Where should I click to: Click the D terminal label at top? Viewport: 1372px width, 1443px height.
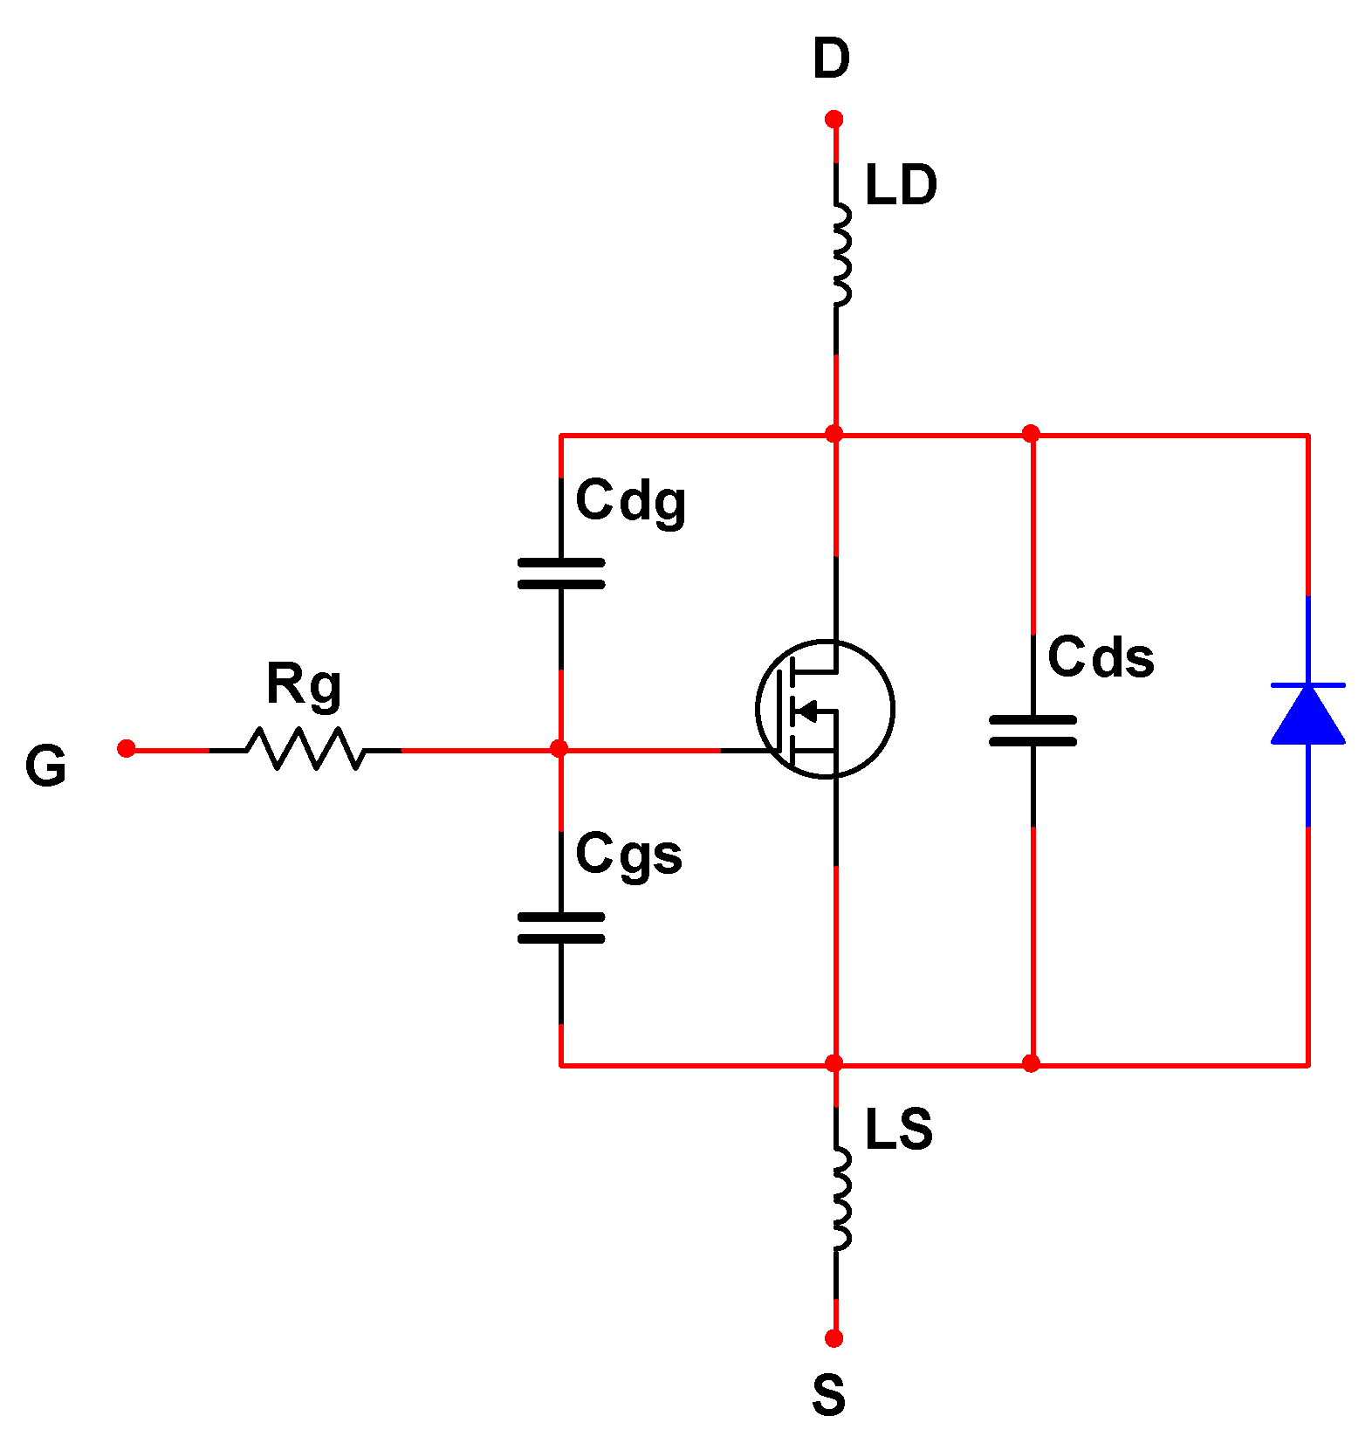pos(831,58)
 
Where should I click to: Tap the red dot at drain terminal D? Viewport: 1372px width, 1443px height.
pos(833,119)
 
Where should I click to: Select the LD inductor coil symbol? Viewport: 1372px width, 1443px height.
pos(840,255)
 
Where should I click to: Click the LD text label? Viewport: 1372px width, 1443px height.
pos(901,185)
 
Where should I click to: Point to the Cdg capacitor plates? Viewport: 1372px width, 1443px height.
pos(560,574)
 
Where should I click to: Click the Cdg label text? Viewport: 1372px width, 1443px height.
pos(630,502)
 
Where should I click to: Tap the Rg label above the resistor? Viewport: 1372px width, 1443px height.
pos(304,685)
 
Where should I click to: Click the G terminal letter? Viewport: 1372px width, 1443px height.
pos(45,766)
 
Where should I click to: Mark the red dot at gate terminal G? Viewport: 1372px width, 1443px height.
pos(127,748)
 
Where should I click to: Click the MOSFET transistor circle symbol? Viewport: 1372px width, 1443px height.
pos(825,708)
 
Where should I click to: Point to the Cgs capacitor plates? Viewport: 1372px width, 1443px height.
pos(560,927)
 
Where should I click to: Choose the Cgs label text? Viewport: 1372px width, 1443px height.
pos(628,855)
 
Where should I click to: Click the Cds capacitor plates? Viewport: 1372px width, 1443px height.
pos(1032,731)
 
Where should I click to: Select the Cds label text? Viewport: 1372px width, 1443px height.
pos(1101,657)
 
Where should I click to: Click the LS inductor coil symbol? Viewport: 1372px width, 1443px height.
pos(840,1199)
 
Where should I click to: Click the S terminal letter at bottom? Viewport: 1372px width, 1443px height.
pos(828,1395)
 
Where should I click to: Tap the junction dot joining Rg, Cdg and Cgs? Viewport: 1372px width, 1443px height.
pos(559,749)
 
